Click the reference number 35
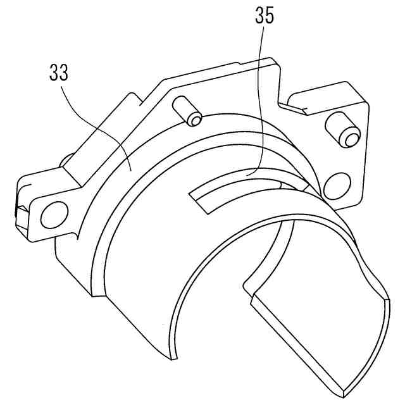pyautogui.click(x=265, y=16)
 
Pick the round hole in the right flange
pyautogui.click(x=333, y=185)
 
